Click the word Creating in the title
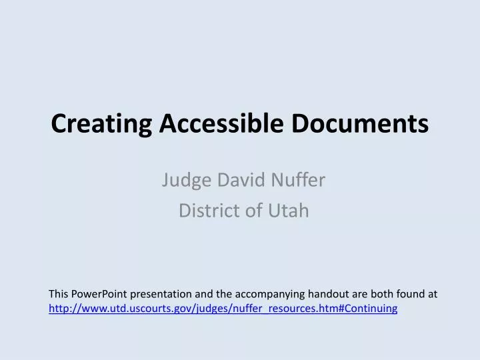[x=94, y=124]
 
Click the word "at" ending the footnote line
[x=432, y=294]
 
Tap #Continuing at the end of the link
[x=371, y=308]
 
